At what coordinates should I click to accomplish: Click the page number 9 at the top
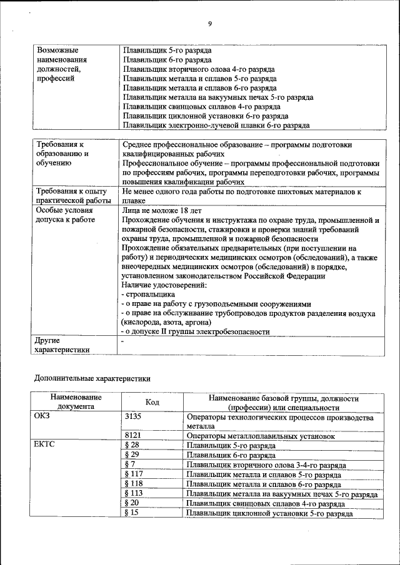click(210, 24)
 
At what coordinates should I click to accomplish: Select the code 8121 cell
click(133, 436)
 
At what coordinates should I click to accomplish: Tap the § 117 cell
click(134, 474)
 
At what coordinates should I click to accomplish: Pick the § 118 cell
click(134, 484)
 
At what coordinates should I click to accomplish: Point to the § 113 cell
click(134, 494)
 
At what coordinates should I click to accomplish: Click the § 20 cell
click(132, 503)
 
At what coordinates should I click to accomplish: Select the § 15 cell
click(132, 513)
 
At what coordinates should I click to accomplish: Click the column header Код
click(152, 403)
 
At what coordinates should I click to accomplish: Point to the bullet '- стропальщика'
click(148, 294)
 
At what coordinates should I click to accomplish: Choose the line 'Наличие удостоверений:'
click(164, 285)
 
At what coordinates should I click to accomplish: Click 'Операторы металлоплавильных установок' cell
click(261, 436)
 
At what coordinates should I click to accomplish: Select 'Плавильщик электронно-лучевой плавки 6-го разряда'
click(216, 125)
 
